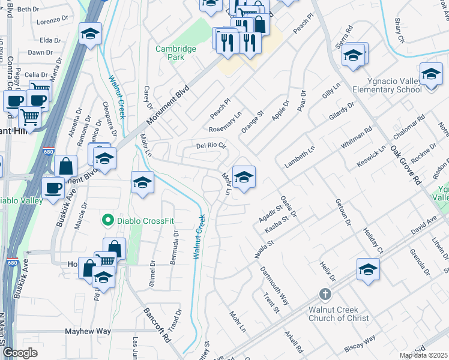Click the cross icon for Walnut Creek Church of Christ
tap(325, 294)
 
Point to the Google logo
tap(20, 353)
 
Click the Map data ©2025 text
tap(423, 355)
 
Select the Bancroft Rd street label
tap(158, 326)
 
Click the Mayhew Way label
tap(88, 331)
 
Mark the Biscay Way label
tap(361, 343)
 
